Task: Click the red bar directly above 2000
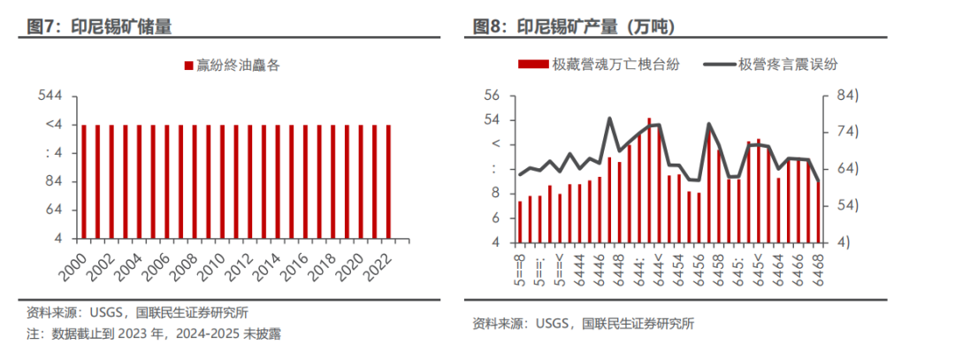pyautogui.click(x=84, y=181)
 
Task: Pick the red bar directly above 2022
pyautogui.click(x=388, y=181)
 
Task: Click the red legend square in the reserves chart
pyautogui.click(x=187, y=65)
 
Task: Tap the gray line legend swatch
pyautogui.click(x=718, y=64)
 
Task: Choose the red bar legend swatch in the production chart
pyautogui.click(x=532, y=64)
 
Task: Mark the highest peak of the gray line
pyautogui.click(x=610, y=118)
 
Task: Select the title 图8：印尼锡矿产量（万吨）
pyautogui.click(x=574, y=27)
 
